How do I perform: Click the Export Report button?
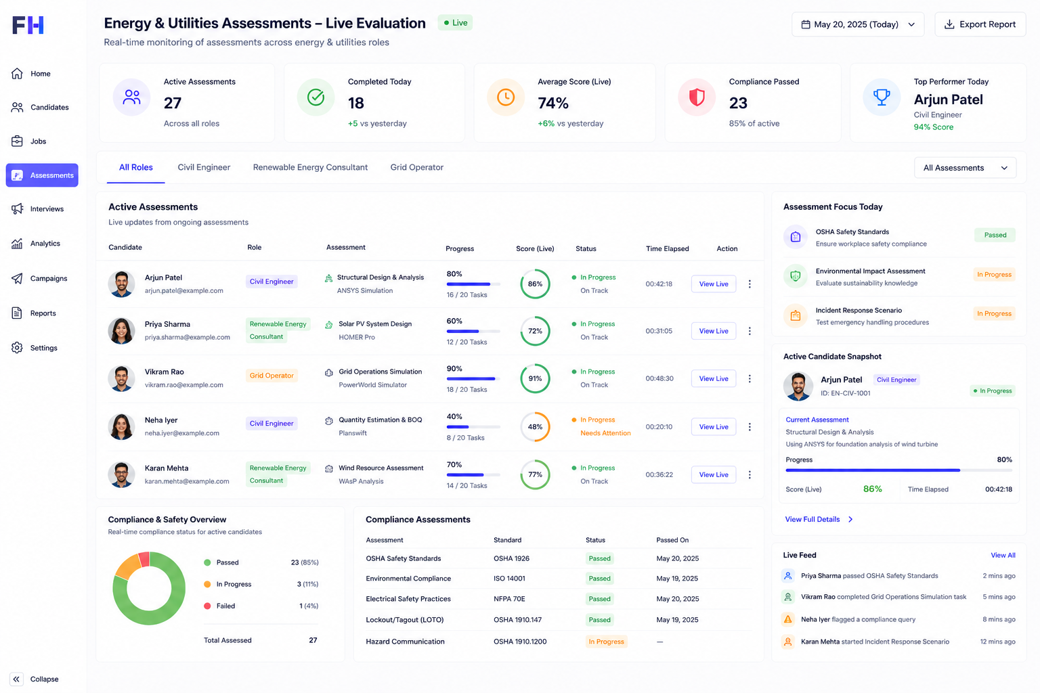(980, 24)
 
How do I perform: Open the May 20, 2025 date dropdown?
(858, 24)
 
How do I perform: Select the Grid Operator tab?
(416, 167)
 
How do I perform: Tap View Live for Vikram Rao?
(713, 378)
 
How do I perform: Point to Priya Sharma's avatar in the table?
(121, 330)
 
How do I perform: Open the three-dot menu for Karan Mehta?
(750, 474)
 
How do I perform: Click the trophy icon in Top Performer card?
(881, 97)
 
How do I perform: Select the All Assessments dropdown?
(965, 168)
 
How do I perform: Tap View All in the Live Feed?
(1003, 555)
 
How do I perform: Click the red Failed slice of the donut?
(144, 559)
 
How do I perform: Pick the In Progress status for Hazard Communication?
(606, 642)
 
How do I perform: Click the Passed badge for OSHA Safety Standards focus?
(995, 235)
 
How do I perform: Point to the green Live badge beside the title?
(455, 23)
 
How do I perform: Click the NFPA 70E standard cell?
(509, 599)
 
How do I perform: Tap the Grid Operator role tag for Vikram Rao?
(271, 376)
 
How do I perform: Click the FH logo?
(28, 25)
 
